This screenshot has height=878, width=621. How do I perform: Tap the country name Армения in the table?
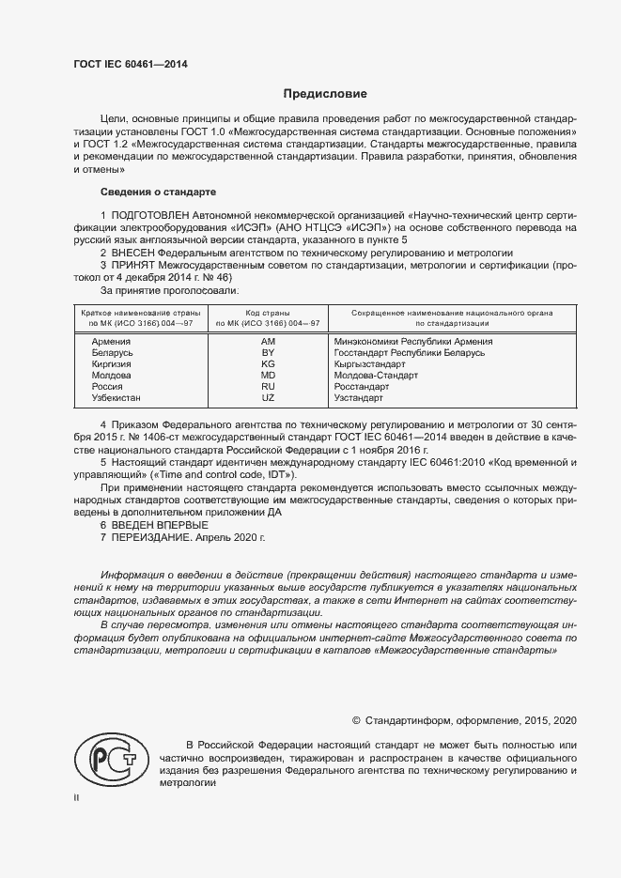112,341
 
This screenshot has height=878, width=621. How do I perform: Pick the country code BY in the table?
268,352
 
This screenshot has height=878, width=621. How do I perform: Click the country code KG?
268,363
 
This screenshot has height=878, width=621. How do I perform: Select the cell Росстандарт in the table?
362,386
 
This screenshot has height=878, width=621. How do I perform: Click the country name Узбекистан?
116,398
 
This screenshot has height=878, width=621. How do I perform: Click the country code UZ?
268,398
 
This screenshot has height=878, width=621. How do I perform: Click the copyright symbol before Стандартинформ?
356,720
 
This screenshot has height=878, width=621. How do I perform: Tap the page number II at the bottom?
77,797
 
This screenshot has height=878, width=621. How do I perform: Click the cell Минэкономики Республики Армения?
413,341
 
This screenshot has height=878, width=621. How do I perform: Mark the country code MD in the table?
268,375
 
